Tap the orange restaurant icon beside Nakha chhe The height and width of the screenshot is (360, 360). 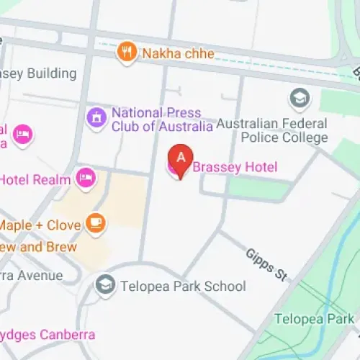128,52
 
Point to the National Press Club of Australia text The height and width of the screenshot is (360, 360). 161,120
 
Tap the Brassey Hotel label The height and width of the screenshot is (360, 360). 234,168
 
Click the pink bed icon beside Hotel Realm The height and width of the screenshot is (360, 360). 86,177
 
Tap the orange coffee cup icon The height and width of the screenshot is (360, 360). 95,224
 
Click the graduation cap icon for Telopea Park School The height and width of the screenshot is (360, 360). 106,285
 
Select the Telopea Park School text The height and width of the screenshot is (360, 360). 184,286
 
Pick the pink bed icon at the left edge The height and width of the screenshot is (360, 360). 23,135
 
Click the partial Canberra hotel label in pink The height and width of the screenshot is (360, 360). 47,335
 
